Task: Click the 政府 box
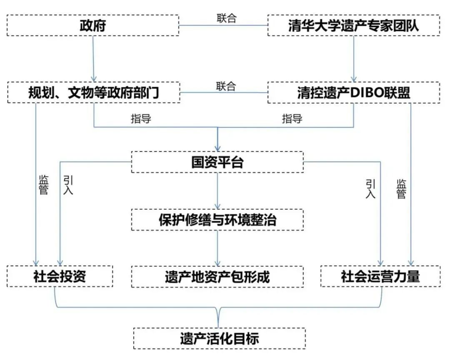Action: pos(92,26)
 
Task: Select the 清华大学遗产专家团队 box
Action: pos(353,26)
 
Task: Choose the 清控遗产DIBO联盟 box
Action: pos(353,92)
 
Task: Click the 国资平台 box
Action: pos(217,162)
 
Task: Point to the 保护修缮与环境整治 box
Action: pos(217,219)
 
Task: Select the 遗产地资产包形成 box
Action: pos(217,276)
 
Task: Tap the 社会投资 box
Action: pos(60,276)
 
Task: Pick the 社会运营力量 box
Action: pos(380,276)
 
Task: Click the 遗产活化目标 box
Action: pos(219,338)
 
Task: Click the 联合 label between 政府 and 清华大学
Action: pos(226,18)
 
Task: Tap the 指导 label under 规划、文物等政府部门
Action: pos(141,119)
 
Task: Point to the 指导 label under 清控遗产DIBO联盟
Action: pos(292,119)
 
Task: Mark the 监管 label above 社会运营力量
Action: pos(401,189)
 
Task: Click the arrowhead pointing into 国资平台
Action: pos(217,148)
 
